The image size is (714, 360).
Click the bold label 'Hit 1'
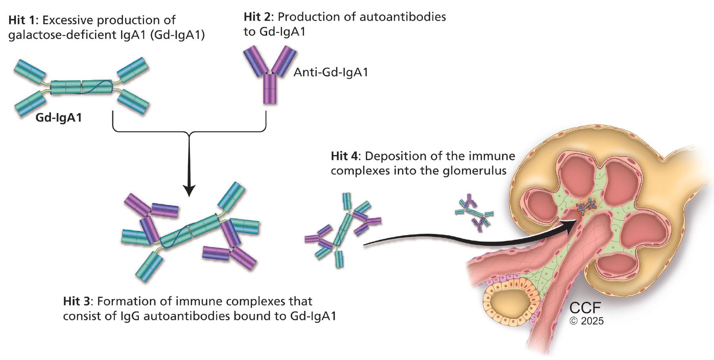click(x=23, y=20)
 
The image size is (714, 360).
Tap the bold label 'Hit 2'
click(x=258, y=17)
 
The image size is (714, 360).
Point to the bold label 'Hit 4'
click(x=345, y=156)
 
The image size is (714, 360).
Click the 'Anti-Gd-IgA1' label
click(x=331, y=72)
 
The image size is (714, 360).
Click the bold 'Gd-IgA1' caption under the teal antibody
click(x=59, y=117)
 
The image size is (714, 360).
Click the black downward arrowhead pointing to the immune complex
click(x=190, y=190)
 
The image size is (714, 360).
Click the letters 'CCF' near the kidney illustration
click(x=585, y=308)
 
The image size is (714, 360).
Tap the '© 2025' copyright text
click(x=587, y=321)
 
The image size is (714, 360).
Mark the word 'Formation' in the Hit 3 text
click(x=127, y=301)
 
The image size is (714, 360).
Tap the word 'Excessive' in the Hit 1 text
click(x=67, y=20)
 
